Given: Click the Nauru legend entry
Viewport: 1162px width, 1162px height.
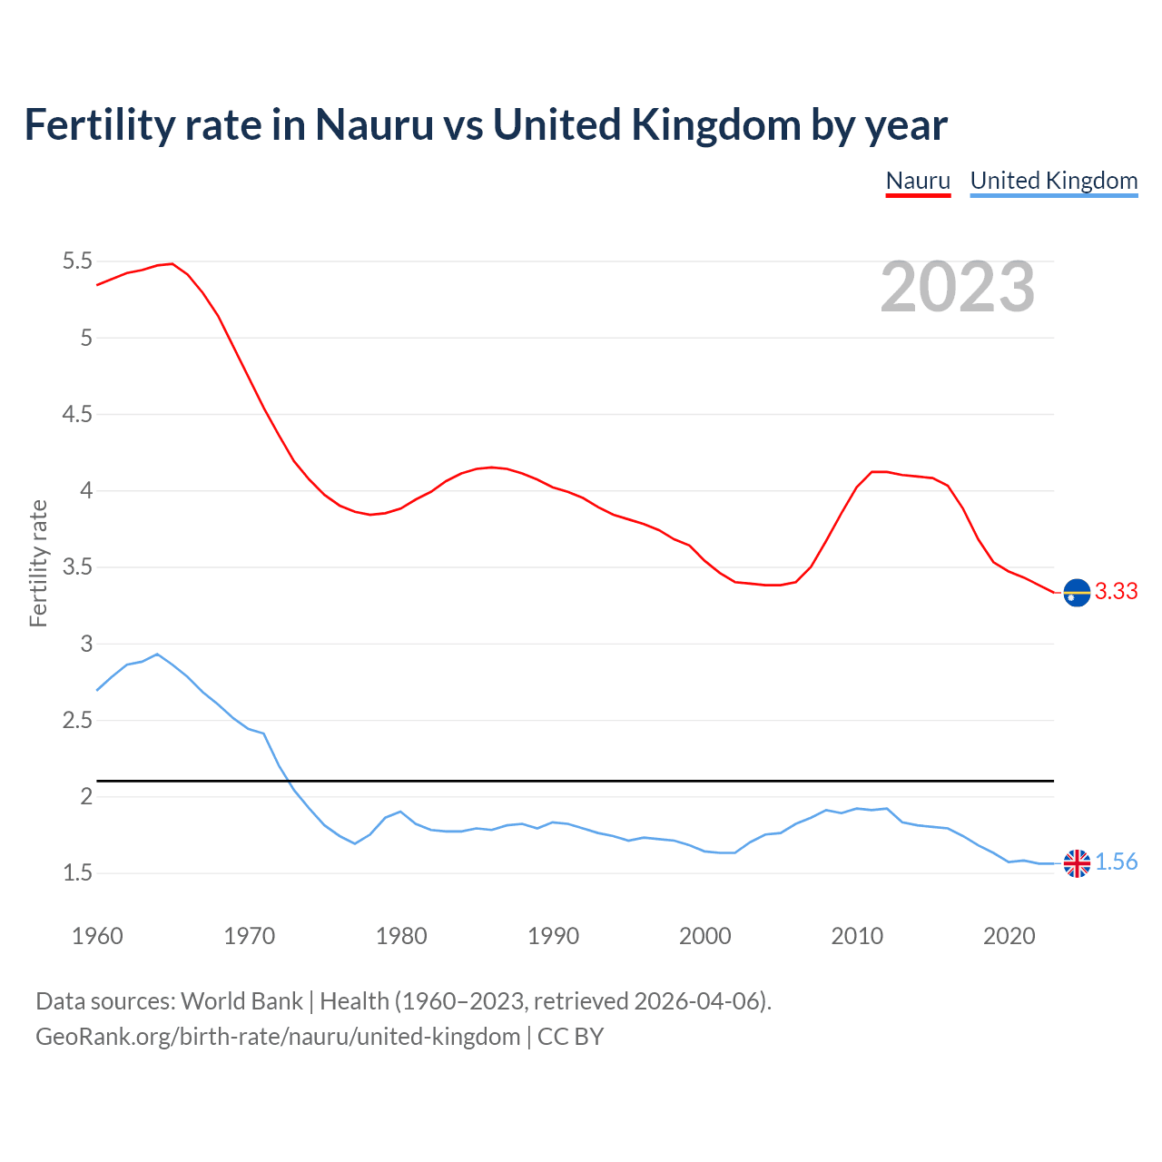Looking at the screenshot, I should click(x=918, y=181).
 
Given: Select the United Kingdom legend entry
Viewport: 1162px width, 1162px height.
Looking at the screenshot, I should click(x=1053, y=181).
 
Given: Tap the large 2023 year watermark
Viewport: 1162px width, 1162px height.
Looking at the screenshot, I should click(x=958, y=287).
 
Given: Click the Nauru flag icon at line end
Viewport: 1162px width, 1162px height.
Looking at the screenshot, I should click(x=1077, y=592).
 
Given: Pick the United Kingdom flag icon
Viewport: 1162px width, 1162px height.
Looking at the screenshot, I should click(x=1077, y=863).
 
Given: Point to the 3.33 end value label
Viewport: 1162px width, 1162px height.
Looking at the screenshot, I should click(x=1116, y=592).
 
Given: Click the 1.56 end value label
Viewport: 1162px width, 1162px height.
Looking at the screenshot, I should click(x=1116, y=862).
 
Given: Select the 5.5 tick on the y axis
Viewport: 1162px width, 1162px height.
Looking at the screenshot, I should click(x=77, y=261).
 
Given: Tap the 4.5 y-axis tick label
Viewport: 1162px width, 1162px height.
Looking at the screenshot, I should click(x=77, y=415).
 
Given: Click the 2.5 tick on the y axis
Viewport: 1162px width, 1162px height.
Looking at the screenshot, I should click(x=77, y=721).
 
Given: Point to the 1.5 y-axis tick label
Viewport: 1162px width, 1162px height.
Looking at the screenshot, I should click(x=77, y=873).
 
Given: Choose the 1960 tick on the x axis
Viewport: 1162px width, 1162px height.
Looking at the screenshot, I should click(x=97, y=936).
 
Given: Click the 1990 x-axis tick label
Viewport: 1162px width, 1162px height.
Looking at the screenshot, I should click(x=553, y=936).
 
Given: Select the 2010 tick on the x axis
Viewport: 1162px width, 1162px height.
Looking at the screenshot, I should click(x=857, y=936).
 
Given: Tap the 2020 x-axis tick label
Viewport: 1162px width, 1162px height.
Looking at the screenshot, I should click(x=1009, y=936).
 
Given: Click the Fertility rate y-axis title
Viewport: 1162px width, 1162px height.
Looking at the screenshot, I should click(x=38, y=563).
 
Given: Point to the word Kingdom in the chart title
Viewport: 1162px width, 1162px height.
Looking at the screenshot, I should click(x=715, y=125).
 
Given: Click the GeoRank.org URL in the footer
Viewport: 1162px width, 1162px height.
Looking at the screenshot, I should click(x=278, y=1037).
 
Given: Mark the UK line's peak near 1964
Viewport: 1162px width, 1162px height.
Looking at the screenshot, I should click(x=157, y=654).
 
